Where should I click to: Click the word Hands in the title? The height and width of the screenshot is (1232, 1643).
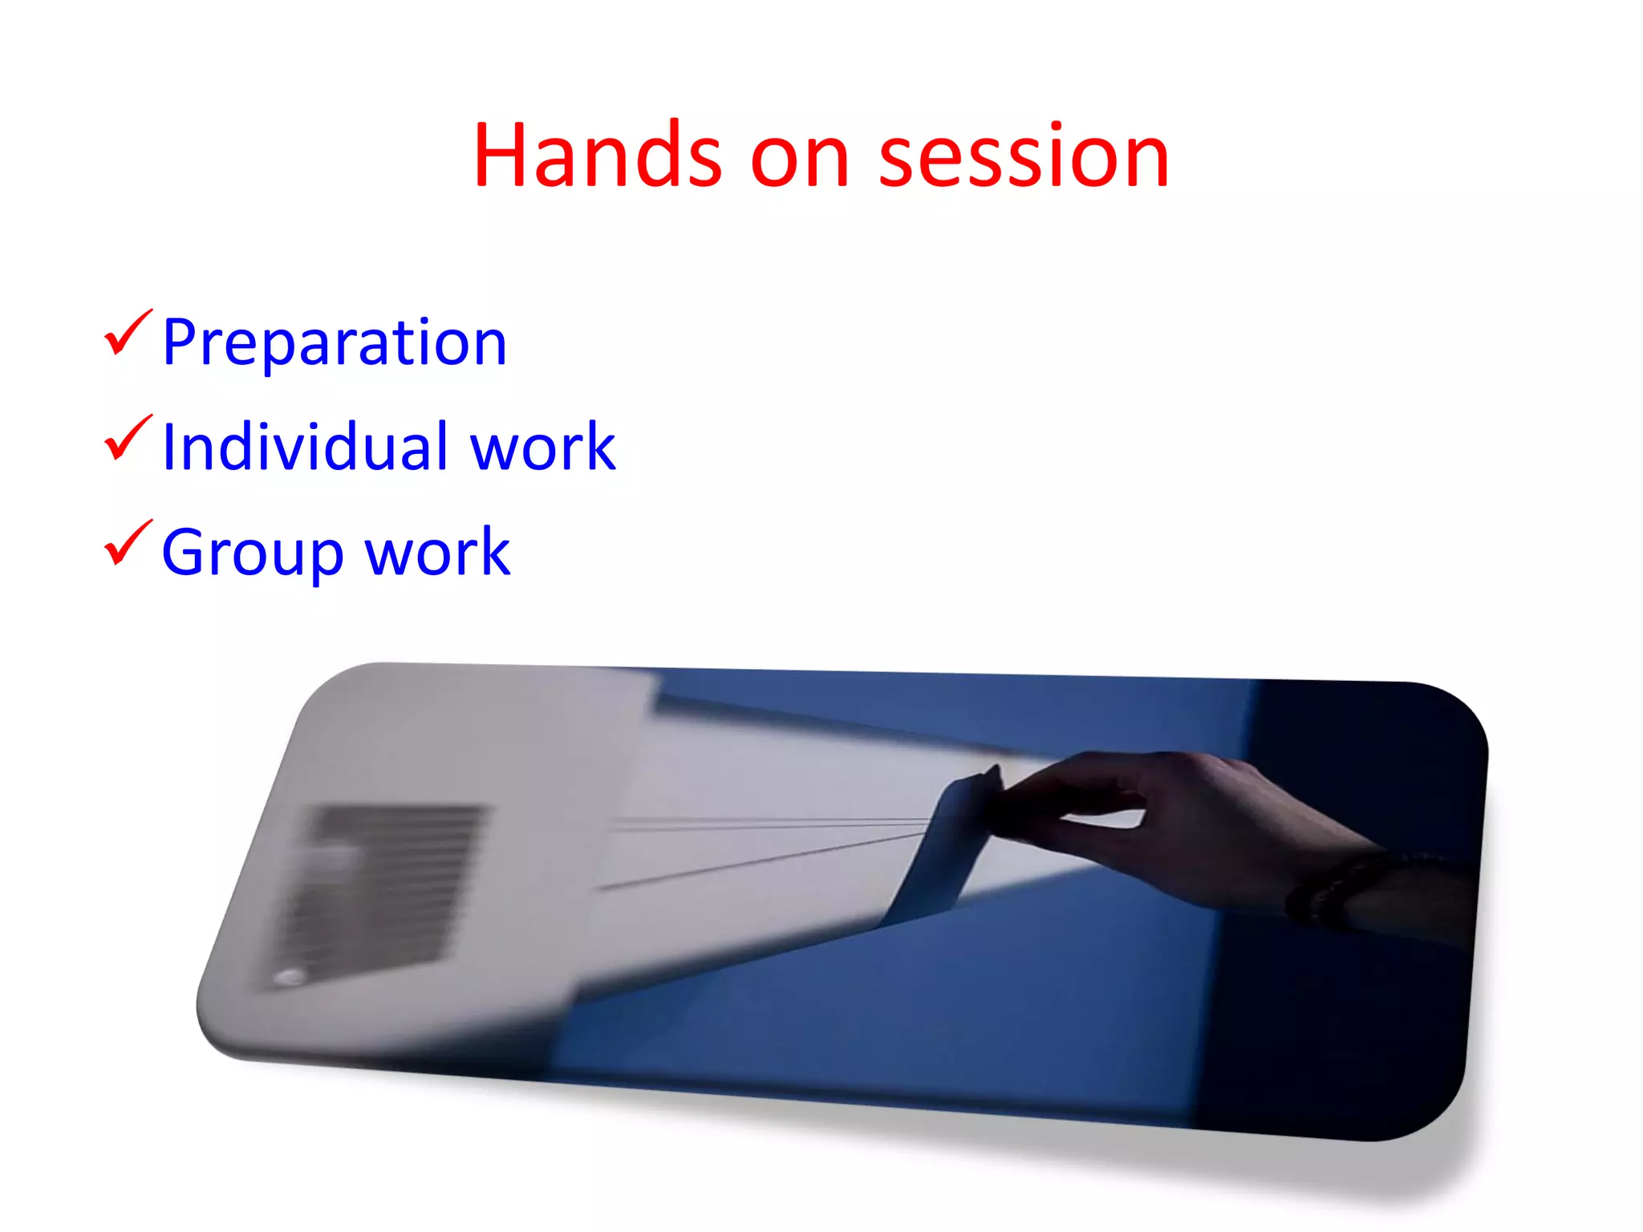[x=598, y=156]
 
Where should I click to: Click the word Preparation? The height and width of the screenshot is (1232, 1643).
[x=335, y=343]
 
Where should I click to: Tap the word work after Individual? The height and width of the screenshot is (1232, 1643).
[x=542, y=448]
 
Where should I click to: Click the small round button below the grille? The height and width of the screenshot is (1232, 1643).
[x=289, y=976]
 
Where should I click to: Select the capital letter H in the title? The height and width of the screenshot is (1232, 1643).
[x=499, y=156]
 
